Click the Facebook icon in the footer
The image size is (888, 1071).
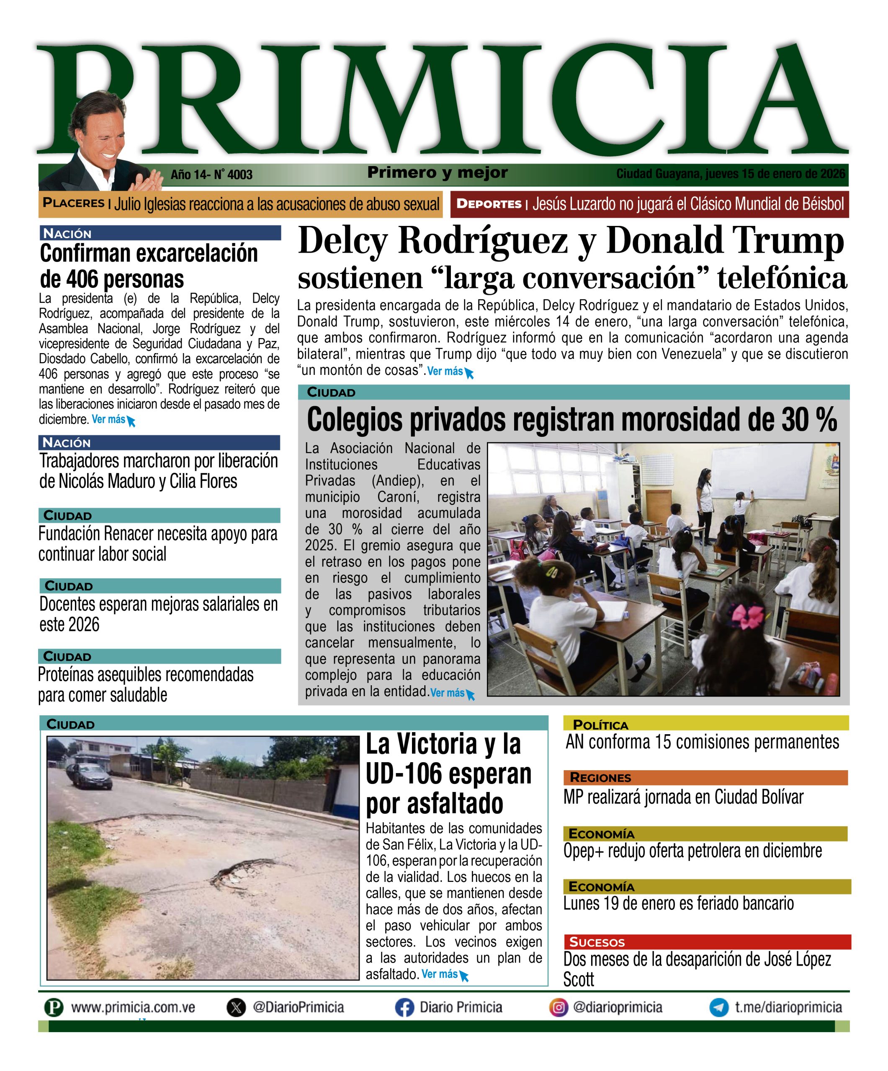[x=404, y=1008]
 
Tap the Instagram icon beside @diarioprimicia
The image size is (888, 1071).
[x=559, y=1008]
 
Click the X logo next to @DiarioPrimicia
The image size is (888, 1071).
[x=236, y=1008]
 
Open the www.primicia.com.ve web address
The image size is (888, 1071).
[x=133, y=1008]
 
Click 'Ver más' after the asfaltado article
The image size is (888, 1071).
[x=440, y=974]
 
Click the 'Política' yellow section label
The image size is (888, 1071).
[x=600, y=725]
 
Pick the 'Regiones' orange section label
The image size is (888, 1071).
[x=600, y=778]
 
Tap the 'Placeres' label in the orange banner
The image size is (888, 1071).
[x=74, y=203]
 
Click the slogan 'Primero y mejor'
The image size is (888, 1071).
[x=438, y=173]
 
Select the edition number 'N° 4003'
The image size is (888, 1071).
[x=233, y=175]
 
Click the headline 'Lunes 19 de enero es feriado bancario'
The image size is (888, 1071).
[x=678, y=903]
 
